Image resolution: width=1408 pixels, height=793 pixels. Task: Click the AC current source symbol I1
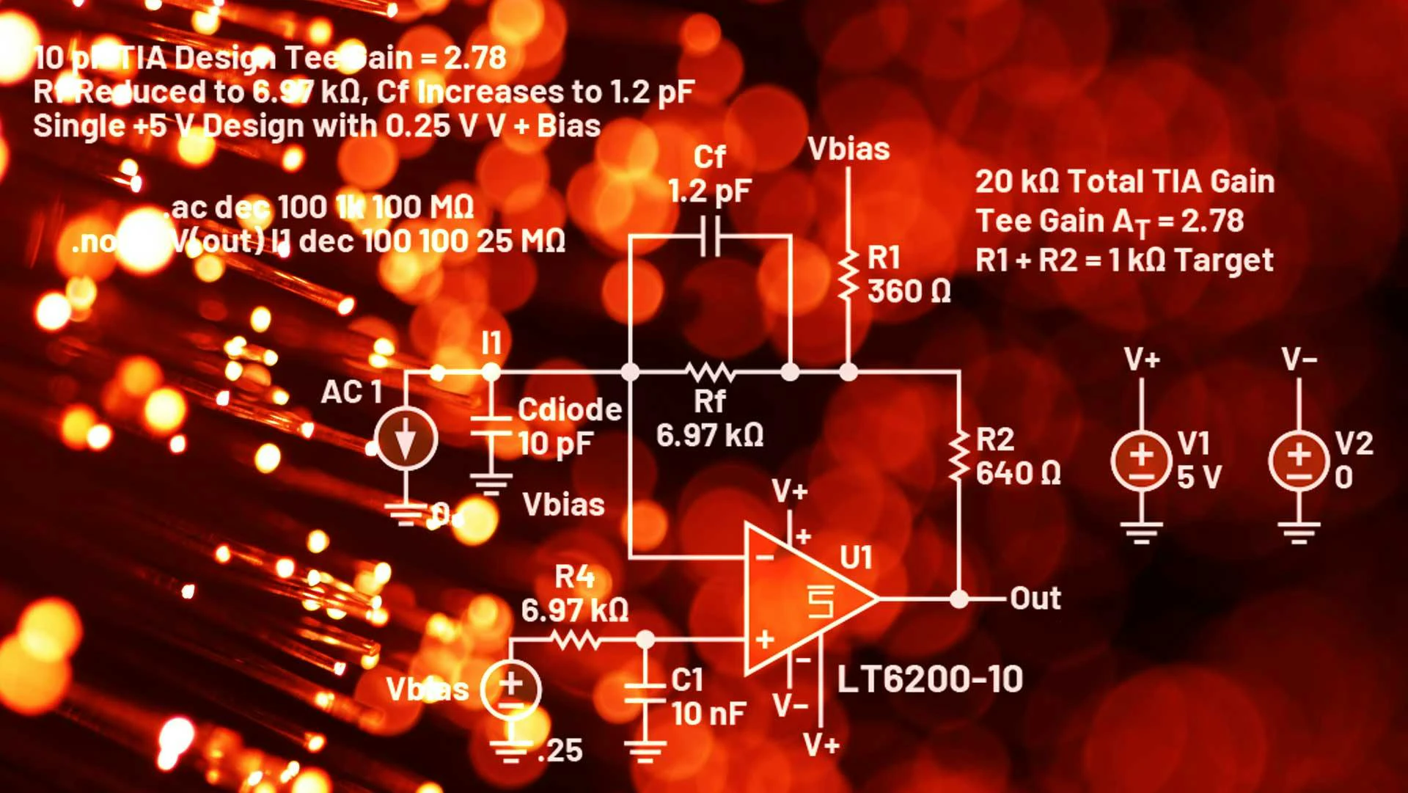[406, 439]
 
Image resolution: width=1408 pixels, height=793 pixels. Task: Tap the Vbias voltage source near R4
[511, 690]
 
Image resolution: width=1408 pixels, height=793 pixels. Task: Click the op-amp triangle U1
[807, 598]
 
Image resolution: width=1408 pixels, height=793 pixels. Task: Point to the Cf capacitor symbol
[710, 236]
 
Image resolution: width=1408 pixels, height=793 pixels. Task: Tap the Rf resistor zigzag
[710, 372]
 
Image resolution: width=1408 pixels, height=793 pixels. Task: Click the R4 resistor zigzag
[576, 640]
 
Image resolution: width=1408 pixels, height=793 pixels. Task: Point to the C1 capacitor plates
[645, 693]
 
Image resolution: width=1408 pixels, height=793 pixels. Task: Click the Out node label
[1035, 599]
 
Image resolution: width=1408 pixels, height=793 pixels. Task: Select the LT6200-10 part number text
[930, 679]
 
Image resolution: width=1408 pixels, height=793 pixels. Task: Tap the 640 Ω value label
[1018, 474]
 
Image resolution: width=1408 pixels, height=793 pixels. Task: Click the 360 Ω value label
[909, 292]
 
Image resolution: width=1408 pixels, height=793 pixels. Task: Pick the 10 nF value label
[708, 713]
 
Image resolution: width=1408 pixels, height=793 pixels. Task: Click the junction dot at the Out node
[959, 599]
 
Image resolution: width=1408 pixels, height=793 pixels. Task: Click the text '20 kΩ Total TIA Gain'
[1125, 182]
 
